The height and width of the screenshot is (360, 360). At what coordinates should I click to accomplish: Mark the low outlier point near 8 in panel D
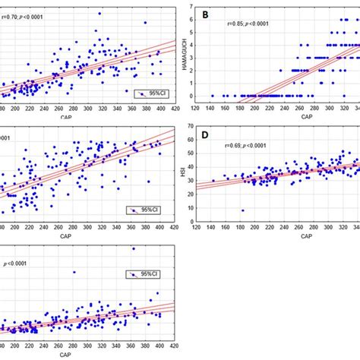click(x=243, y=210)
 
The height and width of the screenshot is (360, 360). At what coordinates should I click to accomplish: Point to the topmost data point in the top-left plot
click(x=100, y=14)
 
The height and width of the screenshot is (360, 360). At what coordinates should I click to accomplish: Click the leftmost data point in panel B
click(x=212, y=96)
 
